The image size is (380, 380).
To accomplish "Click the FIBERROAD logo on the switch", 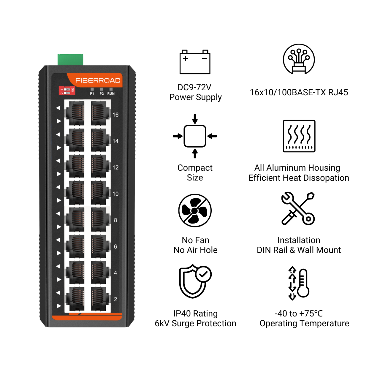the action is click(98, 80).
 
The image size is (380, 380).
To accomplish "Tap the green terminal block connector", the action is click(70, 59).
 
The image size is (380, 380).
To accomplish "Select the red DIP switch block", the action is click(67, 90).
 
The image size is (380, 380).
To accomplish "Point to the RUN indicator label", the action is click(111, 94).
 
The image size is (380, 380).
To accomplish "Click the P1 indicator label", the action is click(92, 94).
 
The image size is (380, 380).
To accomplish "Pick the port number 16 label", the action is click(115, 115).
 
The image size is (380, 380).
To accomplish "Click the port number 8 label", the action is click(115, 220).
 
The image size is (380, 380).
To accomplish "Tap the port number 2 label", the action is click(115, 299).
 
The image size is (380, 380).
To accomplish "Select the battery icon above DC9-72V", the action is click(195, 62).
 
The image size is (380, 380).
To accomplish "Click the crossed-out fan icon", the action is click(195, 210).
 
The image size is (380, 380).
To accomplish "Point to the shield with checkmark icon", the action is click(195, 281).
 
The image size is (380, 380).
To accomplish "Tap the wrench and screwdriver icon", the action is click(298, 208).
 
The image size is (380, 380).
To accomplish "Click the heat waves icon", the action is click(299, 136).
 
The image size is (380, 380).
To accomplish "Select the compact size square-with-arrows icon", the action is click(195, 136).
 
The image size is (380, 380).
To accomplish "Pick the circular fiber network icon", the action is click(299, 59).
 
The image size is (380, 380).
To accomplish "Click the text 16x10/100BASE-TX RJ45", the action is click(299, 92).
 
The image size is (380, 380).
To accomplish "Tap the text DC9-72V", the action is click(194, 87).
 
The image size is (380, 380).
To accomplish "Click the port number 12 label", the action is click(115, 167).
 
